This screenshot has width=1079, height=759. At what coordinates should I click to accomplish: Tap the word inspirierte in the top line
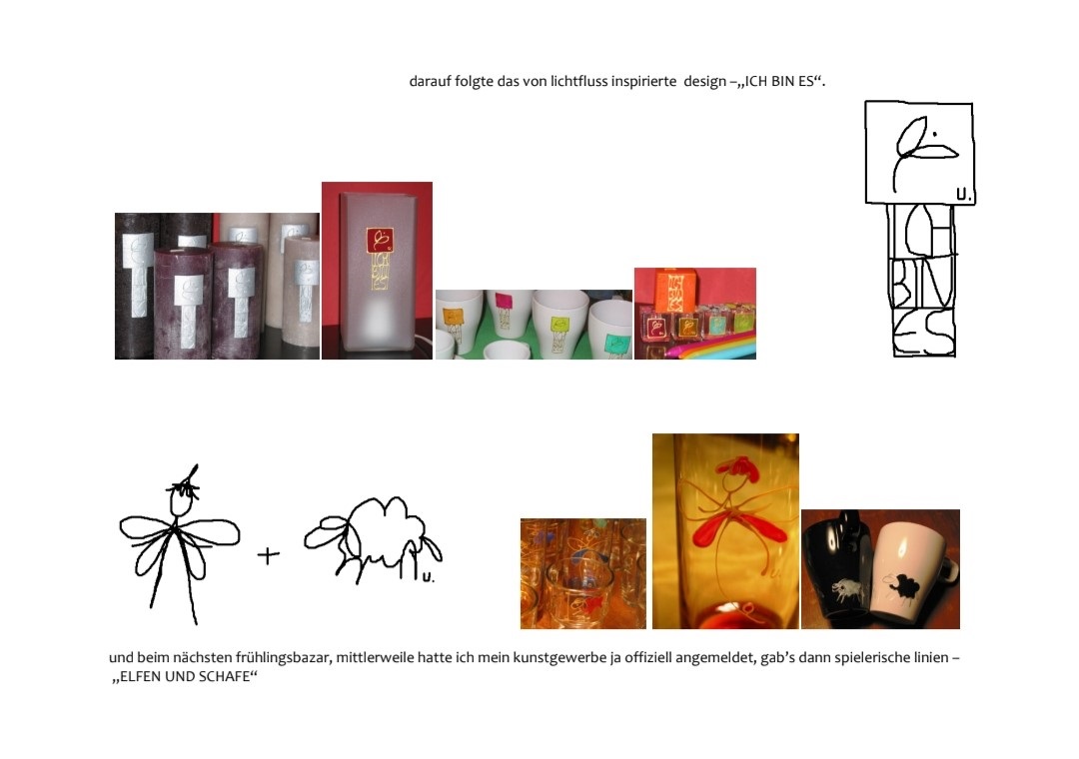[x=644, y=81]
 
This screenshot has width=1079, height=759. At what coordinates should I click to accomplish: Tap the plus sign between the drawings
[x=269, y=554]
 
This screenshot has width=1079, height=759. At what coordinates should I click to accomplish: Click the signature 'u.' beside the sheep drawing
[x=428, y=577]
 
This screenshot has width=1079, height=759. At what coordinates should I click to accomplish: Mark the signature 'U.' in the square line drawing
[x=964, y=196]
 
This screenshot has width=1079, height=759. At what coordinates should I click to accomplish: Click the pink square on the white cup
[x=504, y=300]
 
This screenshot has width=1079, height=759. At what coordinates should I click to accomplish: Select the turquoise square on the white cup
[x=613, y=342]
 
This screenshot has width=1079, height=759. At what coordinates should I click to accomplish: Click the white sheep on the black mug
[x=848, y=588]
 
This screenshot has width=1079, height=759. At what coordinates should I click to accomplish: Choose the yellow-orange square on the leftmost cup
[x=453, y=318]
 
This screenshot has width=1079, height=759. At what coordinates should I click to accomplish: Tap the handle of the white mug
[x=949, y=570]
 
